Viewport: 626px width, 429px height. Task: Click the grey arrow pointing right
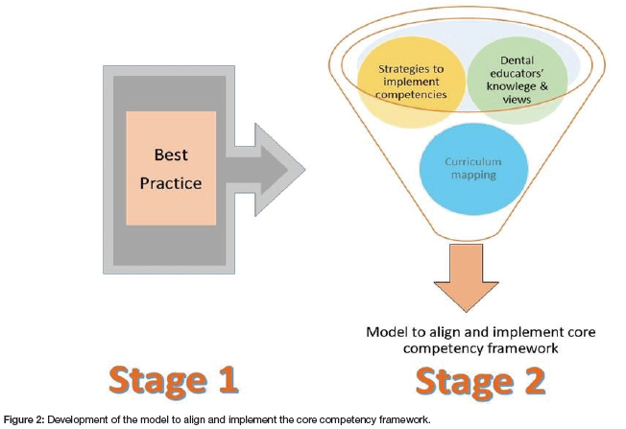[x=269, y=169]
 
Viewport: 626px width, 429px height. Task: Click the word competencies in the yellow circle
[x=410, y=94]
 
